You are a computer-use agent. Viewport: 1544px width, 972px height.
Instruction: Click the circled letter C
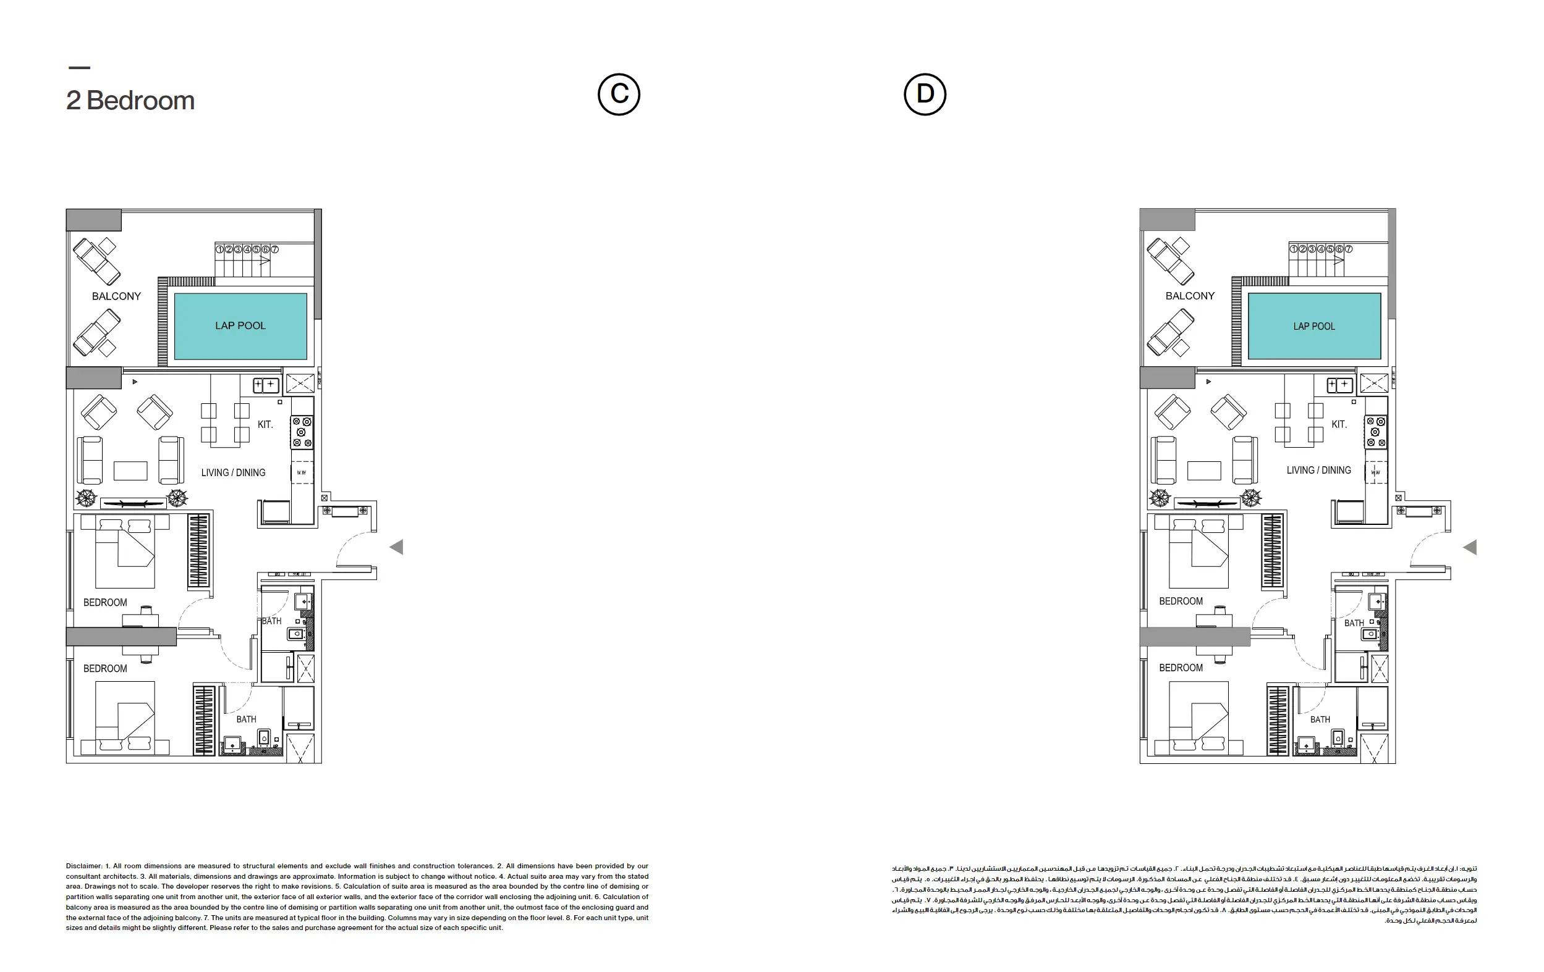pos(619,94)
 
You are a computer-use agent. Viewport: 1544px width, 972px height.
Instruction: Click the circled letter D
pos(925,94)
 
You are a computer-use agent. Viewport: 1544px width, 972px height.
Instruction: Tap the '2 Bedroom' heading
pos(130,101)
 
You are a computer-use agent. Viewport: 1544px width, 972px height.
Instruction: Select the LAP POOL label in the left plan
pos(240,325)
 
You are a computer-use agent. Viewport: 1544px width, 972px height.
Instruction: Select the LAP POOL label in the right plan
pos(1314,326)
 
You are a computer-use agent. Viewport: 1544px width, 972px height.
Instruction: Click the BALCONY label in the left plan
pos(116,296)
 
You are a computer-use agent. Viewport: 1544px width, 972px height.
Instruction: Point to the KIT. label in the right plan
pos(1339,424)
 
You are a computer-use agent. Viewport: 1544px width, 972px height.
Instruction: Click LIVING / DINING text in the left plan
pos(233,472)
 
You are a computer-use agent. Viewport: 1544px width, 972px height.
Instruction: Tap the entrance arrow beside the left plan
pos(397,547)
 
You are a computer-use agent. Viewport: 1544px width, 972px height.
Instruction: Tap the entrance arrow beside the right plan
pos(1470,547)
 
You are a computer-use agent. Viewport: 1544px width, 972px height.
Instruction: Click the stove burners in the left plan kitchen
pos(302,432)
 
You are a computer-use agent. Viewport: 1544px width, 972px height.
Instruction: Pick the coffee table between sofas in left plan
pos(130,471)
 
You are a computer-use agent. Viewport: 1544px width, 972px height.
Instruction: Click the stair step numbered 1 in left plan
pos(219,249)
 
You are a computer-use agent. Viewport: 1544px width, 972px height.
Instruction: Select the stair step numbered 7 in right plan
pos(1349,249)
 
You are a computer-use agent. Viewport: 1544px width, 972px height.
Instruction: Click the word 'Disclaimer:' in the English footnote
pos(84,866)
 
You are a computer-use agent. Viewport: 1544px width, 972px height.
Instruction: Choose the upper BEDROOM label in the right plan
pos(1181,601)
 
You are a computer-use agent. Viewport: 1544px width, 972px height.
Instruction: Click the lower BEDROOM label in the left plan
pos(105,668)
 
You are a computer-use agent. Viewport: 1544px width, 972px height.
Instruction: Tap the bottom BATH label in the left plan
pos(246,719)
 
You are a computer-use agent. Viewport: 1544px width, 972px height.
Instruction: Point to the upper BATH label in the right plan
pos(1354,623)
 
